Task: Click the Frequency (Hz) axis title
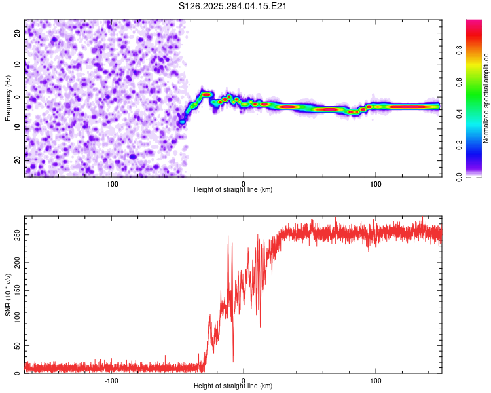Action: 8,98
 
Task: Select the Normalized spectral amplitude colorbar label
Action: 486,98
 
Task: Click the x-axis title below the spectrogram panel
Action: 233,190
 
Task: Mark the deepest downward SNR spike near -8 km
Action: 233,361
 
